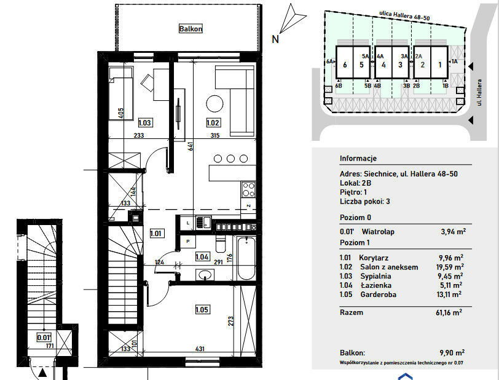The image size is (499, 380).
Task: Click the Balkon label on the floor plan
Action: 191,29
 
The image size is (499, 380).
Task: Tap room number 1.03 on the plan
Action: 144,122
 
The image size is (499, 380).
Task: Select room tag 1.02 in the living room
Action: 213,122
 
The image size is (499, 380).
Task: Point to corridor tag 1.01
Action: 155,234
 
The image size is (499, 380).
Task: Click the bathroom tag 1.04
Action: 202,257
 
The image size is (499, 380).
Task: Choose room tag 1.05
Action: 202,309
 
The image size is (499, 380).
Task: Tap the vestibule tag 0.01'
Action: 44,338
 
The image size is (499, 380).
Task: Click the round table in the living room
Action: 215,104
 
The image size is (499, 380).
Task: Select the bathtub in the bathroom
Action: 246,258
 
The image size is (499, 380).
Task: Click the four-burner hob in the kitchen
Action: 248,189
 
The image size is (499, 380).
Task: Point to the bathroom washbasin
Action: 205,274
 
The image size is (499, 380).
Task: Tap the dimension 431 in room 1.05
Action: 200,349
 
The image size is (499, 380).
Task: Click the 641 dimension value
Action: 191,146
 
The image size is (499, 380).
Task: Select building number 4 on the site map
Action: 383,65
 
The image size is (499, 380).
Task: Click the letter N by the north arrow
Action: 275,39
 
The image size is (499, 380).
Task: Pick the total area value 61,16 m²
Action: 449,312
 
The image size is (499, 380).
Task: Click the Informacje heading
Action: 358,158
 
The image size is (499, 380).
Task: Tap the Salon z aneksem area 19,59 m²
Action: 450,267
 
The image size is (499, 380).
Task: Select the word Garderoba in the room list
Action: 378,295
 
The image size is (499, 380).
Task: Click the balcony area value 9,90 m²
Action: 452,352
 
